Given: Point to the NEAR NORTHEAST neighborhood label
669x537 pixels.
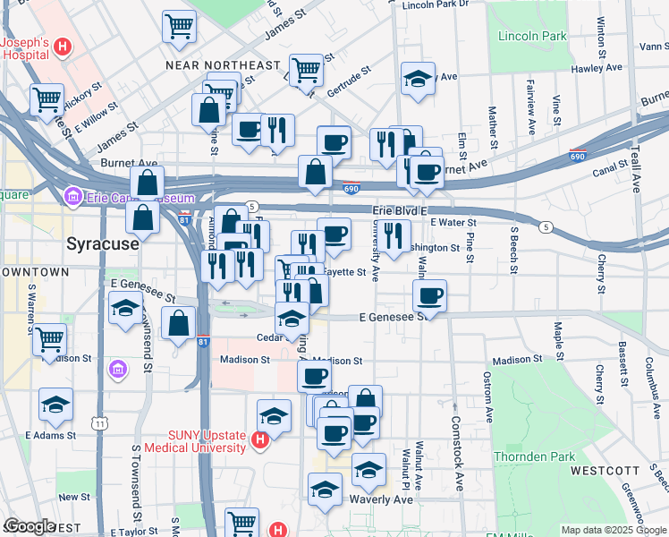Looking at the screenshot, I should (223, 65).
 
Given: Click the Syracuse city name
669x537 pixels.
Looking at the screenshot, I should (103, 243).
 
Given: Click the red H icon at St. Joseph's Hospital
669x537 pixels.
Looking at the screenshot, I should (63, 47).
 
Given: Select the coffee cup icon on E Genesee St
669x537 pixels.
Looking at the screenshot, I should (430, 296).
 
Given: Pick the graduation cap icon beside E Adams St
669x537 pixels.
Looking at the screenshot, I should (56, 404).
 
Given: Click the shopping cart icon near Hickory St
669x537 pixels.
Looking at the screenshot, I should (47, 99).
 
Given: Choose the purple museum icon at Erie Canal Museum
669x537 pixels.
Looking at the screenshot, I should (72, 196).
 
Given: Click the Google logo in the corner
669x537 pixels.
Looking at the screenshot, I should (29, 526).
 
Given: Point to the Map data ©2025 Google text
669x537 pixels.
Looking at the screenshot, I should (613, 530).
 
